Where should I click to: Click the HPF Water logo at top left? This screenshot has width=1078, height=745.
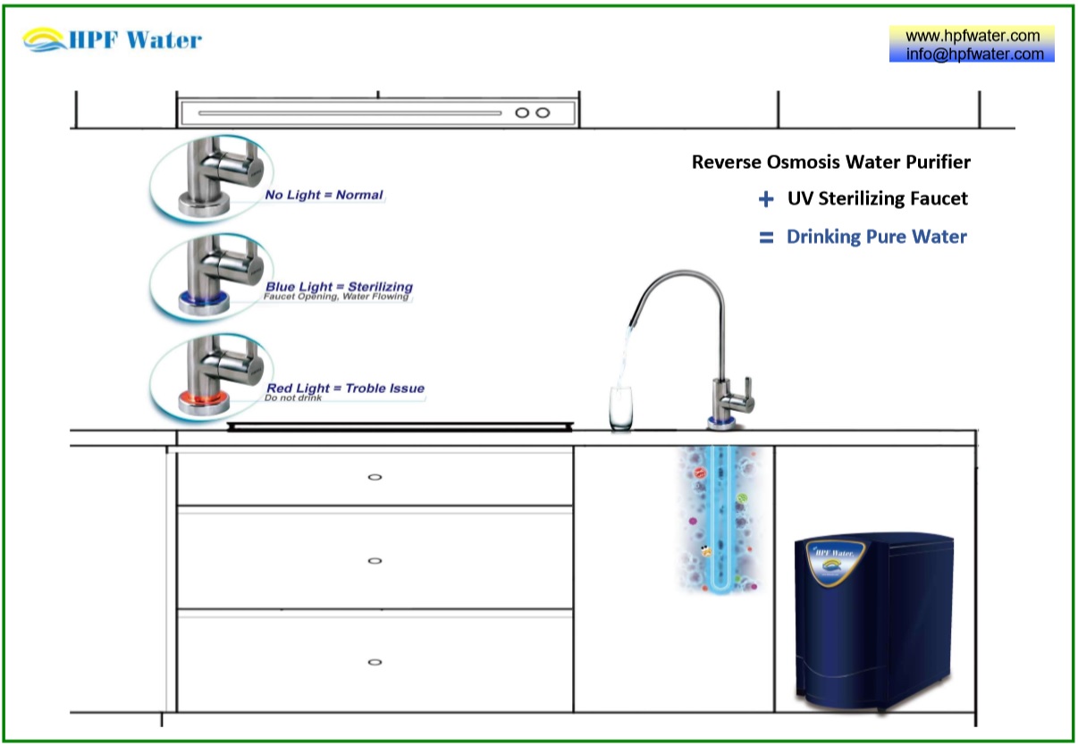point(113,40)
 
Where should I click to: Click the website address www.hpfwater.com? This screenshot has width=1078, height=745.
point(973,36)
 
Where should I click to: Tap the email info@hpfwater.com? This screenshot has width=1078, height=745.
point(973,54)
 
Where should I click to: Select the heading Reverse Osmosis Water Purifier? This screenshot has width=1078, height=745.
point(830,163)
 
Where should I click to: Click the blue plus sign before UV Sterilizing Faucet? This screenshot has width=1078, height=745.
point(765,200)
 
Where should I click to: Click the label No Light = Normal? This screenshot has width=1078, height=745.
point(324,195)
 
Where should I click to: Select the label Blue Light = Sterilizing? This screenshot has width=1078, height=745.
point(339,287)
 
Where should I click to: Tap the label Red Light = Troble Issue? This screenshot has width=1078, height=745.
point(345,389)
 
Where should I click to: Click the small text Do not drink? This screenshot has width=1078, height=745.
point(292,398)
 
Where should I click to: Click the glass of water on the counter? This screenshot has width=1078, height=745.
point(620,409)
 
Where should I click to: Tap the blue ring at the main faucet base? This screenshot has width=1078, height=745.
point(723,421)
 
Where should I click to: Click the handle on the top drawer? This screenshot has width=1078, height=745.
point(375,477)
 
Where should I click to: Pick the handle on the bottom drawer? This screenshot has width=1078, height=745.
point(375,662)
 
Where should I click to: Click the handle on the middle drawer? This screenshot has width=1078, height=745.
point(375,561)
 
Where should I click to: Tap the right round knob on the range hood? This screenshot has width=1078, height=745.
point(542,113)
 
